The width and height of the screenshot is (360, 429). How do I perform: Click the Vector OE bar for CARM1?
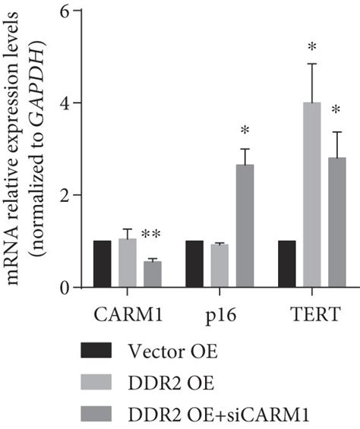pos(102,264)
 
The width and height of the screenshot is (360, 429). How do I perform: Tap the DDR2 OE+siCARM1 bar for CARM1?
pos(153,274)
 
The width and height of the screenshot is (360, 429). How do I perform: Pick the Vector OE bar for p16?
pos(194,264)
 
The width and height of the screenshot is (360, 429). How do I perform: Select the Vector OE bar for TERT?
pos(286,264)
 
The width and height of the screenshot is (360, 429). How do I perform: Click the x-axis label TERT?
pos(312,312)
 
